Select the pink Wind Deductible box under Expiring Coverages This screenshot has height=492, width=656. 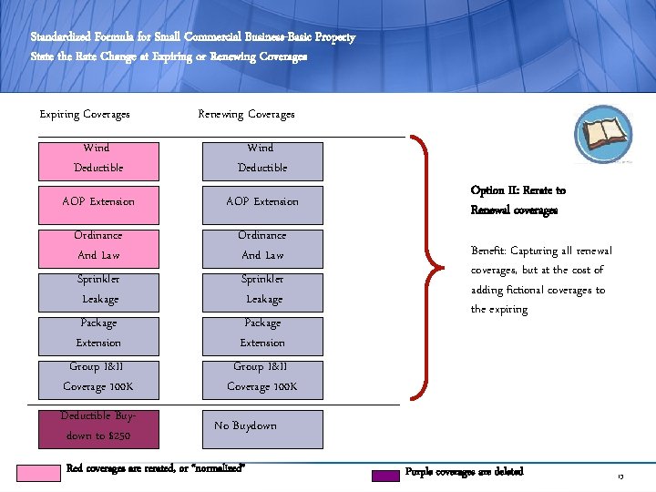pos(97,158)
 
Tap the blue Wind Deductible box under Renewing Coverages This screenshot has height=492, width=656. pos(261,158)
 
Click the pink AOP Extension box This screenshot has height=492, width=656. pos(97,201)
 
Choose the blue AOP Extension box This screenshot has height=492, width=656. pos(261,201)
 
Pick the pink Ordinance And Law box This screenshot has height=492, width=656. pos(97,245)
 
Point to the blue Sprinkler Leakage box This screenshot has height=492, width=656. pos(261,289)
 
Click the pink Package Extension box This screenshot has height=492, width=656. pos(97,333)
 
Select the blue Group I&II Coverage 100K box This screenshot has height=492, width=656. pos(261,376)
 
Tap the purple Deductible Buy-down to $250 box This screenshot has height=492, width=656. pos(97,426)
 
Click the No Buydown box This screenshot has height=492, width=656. pos(261,426)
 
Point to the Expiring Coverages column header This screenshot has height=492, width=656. pos(85,115)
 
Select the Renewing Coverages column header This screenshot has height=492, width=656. pos(246,115)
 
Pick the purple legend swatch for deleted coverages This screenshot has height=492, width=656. pos(386,474)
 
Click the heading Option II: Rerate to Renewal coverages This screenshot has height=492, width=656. pos(518,200)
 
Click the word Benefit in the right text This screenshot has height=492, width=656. pos(489,251)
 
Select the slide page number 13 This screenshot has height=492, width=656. pos(620,477)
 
